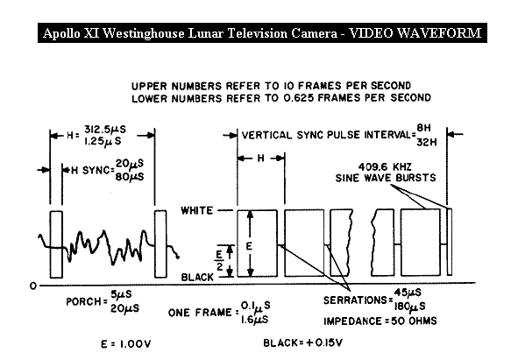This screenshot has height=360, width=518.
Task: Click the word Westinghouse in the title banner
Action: point(144,33)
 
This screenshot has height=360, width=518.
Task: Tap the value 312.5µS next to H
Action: point(105,129)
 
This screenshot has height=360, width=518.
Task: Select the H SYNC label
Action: point(91,171)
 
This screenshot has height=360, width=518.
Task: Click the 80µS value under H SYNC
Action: point(130,177)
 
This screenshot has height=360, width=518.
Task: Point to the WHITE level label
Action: point(197,211)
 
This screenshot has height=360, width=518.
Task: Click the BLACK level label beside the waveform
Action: point(197,278)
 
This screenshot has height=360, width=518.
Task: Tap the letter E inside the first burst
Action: point(250,246)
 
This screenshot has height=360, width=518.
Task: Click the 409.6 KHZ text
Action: point(385,166)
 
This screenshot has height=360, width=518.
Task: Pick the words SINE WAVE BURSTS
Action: point(386,178)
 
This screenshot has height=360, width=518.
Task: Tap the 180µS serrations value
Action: point(409,307)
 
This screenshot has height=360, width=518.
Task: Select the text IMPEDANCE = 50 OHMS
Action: point(380,321)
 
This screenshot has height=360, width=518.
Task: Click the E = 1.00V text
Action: point(126,344)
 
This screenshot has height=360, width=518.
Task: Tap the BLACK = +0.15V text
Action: point(302,343)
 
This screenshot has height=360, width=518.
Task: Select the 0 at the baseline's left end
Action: point(32,286)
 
